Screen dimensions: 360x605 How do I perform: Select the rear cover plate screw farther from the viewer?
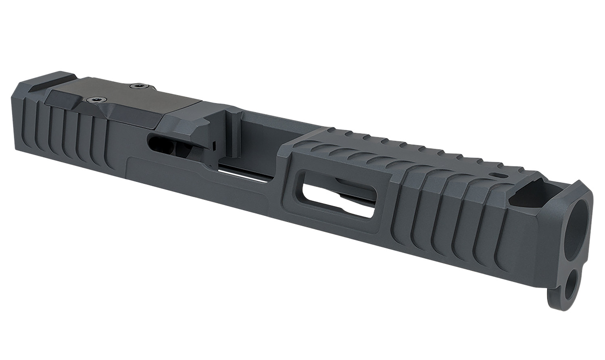(x=140, y=85)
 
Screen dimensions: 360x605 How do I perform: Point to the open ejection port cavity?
(x=258, y=137)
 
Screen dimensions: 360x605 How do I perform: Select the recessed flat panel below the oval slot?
(x=194, y=177)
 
